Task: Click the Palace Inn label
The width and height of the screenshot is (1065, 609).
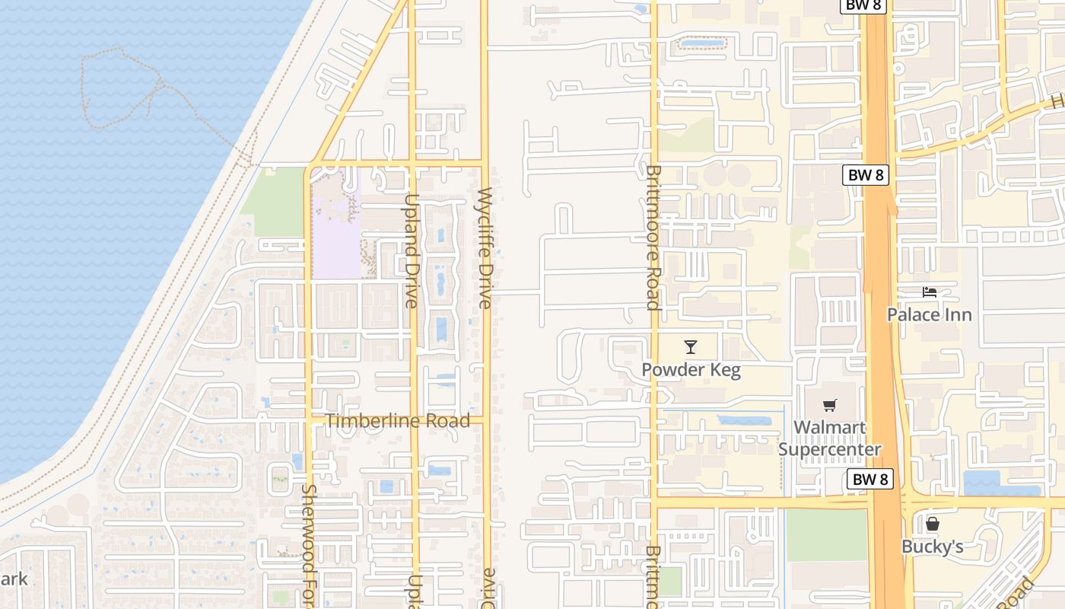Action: (x=929, y=314)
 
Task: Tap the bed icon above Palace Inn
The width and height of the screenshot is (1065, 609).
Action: (x=929, y=292)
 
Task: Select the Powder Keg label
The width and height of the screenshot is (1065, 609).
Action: (x=691, y=370)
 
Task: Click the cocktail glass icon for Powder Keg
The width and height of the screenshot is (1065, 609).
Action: (x=690, y=347)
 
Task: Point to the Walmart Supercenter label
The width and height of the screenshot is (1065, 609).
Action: (x=829, y=438)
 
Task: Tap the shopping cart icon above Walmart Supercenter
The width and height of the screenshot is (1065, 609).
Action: (x=829, y=405)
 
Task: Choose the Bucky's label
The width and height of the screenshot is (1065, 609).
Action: (x=932, y=547)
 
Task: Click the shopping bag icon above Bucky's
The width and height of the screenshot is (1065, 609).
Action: (x=932, y=524)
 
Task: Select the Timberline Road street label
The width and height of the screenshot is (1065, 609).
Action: (x=398, y=421)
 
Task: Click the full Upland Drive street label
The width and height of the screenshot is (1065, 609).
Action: (x=411, y=250)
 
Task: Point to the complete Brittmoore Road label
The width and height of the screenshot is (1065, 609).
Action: (x=653, y=238)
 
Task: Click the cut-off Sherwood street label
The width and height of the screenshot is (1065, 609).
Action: (x=309, y=546)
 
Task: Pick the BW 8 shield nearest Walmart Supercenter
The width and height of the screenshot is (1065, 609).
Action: (x=869, y=480)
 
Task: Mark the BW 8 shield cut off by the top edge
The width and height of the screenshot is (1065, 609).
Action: (x=863, y=5)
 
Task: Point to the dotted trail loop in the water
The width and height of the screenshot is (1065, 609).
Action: (x=122, y=88)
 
